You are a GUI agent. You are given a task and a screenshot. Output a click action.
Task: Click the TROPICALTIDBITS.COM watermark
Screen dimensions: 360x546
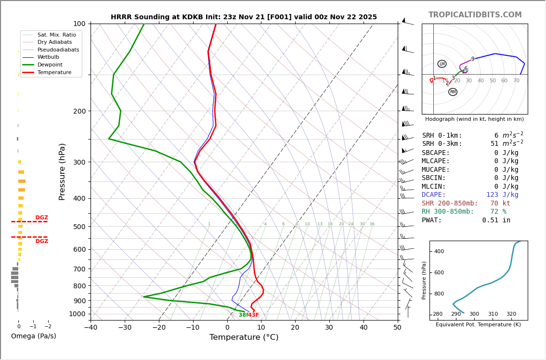(475, 15)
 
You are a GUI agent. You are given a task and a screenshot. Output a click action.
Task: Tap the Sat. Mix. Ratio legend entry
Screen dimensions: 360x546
(56, 35)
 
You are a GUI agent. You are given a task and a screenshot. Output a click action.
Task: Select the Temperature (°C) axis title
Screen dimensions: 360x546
(244, 337)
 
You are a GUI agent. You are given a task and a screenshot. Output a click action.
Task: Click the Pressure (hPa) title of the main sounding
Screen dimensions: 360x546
(63, 171)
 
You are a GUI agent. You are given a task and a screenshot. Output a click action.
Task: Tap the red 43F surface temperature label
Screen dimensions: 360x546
(254, 315)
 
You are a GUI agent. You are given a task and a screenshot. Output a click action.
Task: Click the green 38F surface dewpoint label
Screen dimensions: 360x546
(243, 315)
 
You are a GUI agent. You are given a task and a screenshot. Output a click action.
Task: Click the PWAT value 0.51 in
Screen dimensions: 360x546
(496, 220)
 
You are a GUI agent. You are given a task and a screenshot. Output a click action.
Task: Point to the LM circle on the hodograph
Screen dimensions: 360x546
(442, 64)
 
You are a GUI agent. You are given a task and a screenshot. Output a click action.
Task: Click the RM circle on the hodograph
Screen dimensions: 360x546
(453, 92)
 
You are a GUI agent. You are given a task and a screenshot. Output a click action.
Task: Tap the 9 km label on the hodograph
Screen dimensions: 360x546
(473, 59)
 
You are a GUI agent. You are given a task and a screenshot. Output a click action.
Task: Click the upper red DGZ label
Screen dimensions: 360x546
(42, 218)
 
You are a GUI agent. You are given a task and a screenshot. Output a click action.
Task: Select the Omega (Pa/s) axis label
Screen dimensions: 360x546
(34, 336)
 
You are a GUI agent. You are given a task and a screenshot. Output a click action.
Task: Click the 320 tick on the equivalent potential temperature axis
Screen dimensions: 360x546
(511, 314)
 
